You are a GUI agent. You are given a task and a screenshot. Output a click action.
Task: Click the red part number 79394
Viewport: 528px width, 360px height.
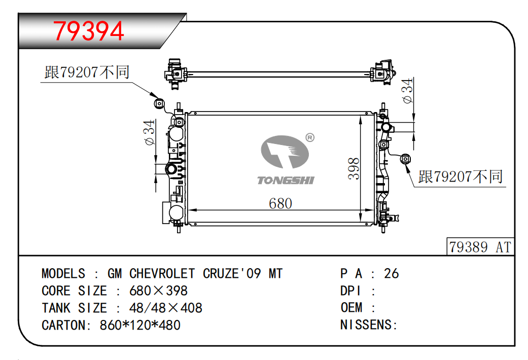tap(89, 31)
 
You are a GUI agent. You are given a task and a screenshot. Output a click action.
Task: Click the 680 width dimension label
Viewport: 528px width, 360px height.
tap(280, 203)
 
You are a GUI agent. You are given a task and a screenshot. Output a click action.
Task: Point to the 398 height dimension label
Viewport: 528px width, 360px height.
tap(354, 168)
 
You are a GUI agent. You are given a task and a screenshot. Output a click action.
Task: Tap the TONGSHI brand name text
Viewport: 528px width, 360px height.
tap(286, 180)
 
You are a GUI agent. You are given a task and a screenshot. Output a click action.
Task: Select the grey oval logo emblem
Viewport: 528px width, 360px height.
tap(285, 152)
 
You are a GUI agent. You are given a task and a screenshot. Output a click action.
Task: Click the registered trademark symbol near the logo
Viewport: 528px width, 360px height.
tap(310, 137)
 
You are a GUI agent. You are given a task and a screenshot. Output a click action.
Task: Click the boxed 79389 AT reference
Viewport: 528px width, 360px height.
tap(480, 247)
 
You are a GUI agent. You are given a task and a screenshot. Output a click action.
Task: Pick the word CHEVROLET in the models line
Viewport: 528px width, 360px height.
tap(162, 273)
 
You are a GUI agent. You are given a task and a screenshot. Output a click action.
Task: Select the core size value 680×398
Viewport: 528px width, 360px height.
tap(158, 291)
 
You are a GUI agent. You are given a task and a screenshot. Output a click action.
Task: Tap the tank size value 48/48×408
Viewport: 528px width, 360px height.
tap(166, 308)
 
